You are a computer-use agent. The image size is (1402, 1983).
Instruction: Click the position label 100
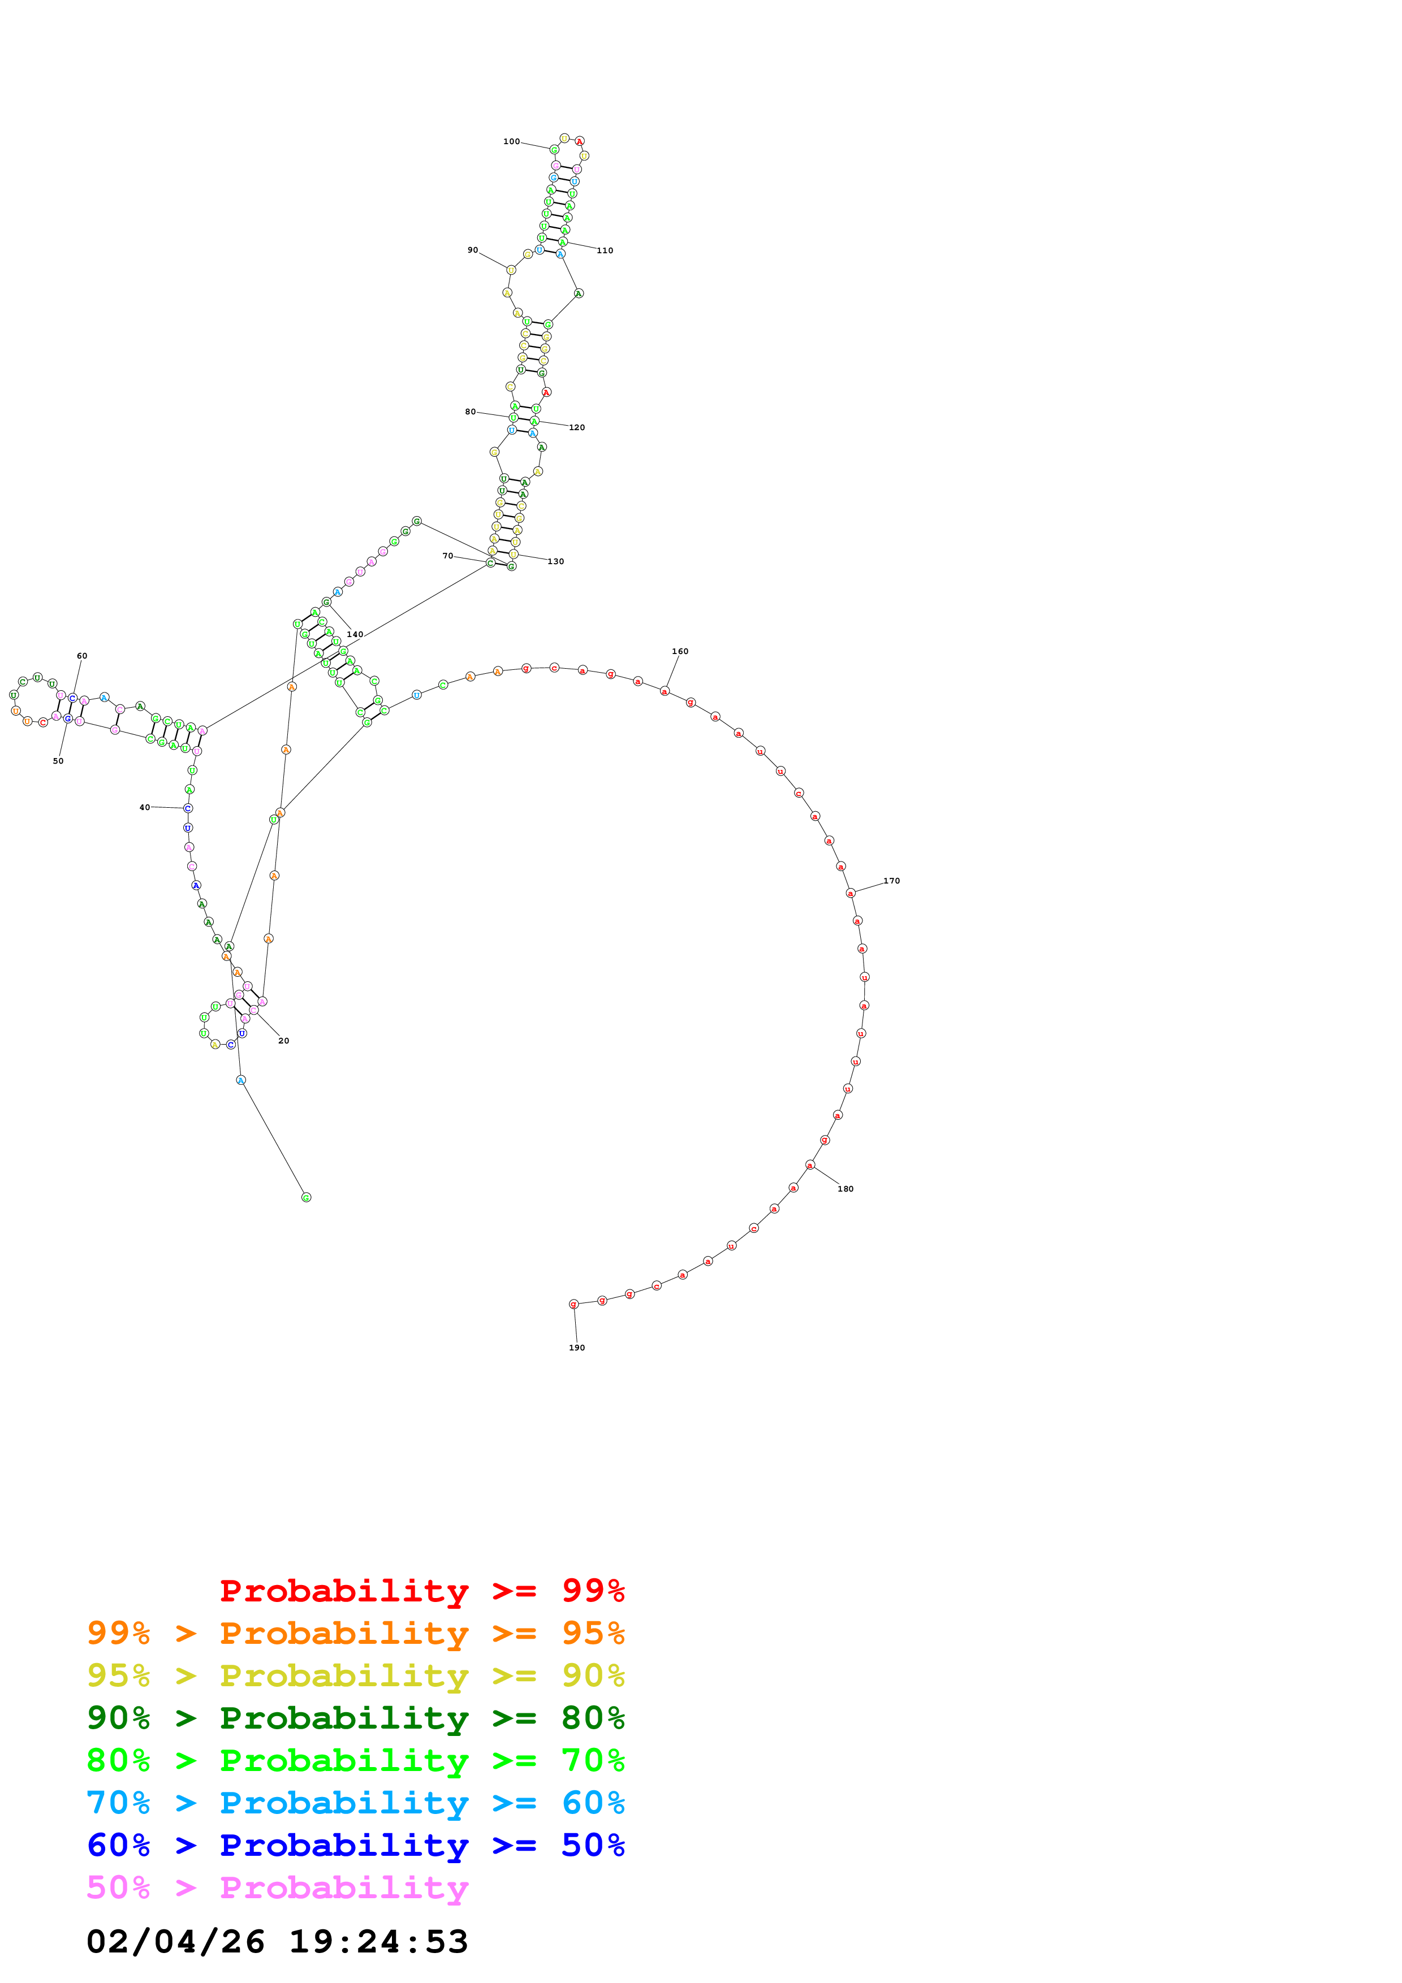click(511, 142)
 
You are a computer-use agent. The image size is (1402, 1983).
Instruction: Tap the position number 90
click(472, 250)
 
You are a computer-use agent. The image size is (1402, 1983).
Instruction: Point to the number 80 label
click(470, 412)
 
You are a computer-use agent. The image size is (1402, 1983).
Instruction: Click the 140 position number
click(355, 635)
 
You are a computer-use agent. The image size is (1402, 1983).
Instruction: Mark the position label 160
click(680, 652)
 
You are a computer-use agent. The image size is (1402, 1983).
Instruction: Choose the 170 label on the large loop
click(891, 881)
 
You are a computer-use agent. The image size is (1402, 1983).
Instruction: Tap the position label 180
click(845, 1189)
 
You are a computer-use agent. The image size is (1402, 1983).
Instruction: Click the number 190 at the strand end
click(577, 1348)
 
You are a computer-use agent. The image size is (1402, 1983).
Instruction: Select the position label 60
click(82, 656)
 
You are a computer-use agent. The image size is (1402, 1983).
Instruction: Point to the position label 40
click(144, 808)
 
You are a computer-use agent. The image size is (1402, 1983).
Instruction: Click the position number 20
click(283, 1042)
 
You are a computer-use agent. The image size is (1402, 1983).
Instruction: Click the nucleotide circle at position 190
click(573, 1304)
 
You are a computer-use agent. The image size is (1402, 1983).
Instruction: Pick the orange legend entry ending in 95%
click(355, 1633)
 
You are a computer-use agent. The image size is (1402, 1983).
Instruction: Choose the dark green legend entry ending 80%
click(355, 1718)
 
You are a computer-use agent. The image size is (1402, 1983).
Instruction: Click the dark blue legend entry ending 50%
click(355, 1845)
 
